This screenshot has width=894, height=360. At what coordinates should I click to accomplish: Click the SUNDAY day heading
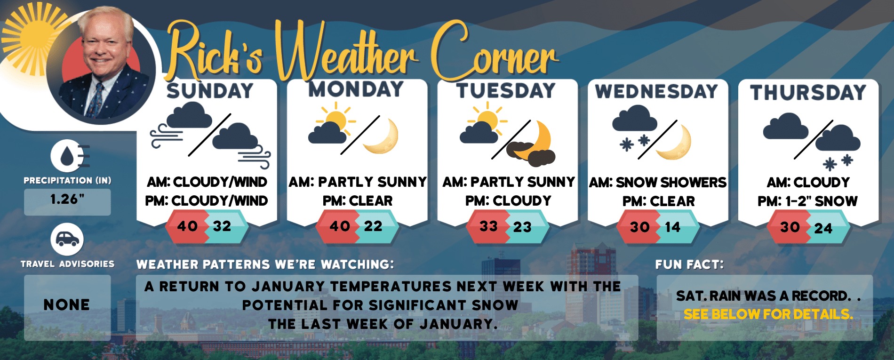click(x=210, y=91)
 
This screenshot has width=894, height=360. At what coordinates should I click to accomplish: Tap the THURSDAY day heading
click(x=808, y=92)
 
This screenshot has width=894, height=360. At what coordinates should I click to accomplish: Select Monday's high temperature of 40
click(x=340, y=226)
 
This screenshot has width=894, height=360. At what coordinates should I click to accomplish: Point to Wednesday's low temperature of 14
click(x=672, y=227)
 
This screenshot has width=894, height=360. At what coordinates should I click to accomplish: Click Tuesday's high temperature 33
click(x=489, y=226)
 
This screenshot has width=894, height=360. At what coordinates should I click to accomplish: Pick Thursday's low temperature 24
click(x=823, y=228)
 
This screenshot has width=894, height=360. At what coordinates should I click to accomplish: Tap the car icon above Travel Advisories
click(x=67, y=240)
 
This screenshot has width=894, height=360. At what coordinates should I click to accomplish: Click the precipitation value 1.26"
click(x=67, y=200)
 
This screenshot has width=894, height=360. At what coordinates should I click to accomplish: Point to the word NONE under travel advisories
click(x=67, y=305)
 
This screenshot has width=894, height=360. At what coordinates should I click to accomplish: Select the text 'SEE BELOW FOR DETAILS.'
click(x=768, y=314)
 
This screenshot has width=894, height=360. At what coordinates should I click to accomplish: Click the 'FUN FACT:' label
click(x=690, y=264)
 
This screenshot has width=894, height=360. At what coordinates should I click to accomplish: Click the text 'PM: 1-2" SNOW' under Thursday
click(x=807, y=201)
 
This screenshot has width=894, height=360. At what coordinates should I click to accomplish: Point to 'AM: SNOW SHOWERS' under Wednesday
click(x=658, y=182)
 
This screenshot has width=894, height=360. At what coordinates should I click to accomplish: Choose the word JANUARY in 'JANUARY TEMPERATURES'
click(x=288, y=287)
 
